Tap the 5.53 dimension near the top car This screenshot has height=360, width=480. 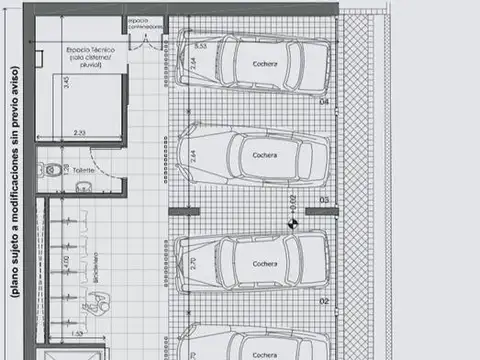(200, 46)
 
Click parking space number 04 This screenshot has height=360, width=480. (323, 102)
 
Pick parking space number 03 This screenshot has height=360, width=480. (323, 200)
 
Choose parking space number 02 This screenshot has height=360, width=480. (323, 299)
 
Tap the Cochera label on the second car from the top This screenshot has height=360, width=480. (264, 156)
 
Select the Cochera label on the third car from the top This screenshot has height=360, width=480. (264, 264)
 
